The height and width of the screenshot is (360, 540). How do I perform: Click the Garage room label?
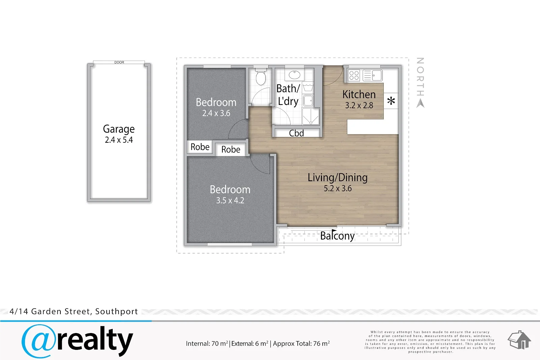coord(118,129)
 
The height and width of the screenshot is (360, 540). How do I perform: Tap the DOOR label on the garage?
coord(119,62)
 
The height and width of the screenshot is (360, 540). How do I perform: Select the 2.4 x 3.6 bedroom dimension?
coord(216,113)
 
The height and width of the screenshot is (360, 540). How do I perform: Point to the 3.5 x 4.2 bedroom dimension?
coord(230,200)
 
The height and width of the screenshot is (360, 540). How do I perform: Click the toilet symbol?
coord(261,76)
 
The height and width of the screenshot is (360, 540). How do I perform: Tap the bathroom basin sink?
coord(294,75)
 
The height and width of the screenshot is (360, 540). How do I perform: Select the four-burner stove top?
coord(354,75)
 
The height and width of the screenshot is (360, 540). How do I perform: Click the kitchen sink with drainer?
coord(373,75)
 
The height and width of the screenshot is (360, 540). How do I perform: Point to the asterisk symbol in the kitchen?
coord(391,101)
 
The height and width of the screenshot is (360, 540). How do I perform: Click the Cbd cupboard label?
coord(296,133)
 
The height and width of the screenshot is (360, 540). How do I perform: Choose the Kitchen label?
coord(359,94)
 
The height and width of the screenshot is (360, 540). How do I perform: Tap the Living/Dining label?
coord(337,178)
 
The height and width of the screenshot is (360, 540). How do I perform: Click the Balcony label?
coord(337,236)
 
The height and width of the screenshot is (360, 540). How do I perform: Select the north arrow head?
coord(421,104)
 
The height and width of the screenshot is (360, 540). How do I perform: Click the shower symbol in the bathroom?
coord(310,117)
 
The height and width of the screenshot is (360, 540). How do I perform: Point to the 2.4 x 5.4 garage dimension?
coord(118,140)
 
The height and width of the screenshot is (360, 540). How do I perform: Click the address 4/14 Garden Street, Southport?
coord(74,311)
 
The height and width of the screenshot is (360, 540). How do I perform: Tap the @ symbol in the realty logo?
coord(38,341)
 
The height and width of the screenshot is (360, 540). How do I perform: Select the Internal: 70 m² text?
coord(207,343)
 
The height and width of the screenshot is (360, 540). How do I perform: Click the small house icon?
coord(519,340)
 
